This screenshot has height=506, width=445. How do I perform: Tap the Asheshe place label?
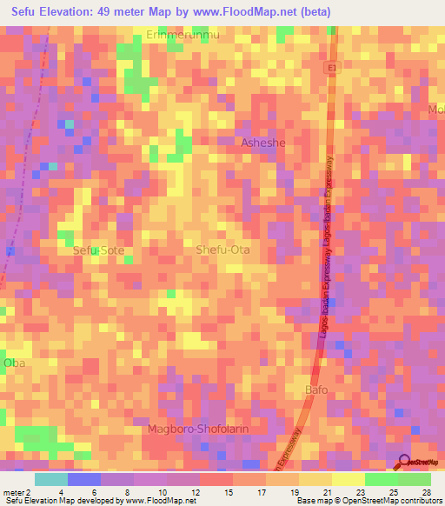(262, 143)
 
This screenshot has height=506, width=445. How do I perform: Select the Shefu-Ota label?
(223, 250)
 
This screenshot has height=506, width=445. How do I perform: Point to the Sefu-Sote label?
(98, 250)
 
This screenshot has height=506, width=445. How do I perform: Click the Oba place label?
(13, 362)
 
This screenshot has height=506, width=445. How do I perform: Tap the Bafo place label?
(316, 389)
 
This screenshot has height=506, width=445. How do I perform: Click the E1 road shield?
(334, 66)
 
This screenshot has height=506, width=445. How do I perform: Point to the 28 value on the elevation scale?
(426, 491)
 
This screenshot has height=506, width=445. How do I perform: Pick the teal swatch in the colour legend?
(51, 479)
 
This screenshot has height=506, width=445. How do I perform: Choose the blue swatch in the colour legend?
(84, 479)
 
